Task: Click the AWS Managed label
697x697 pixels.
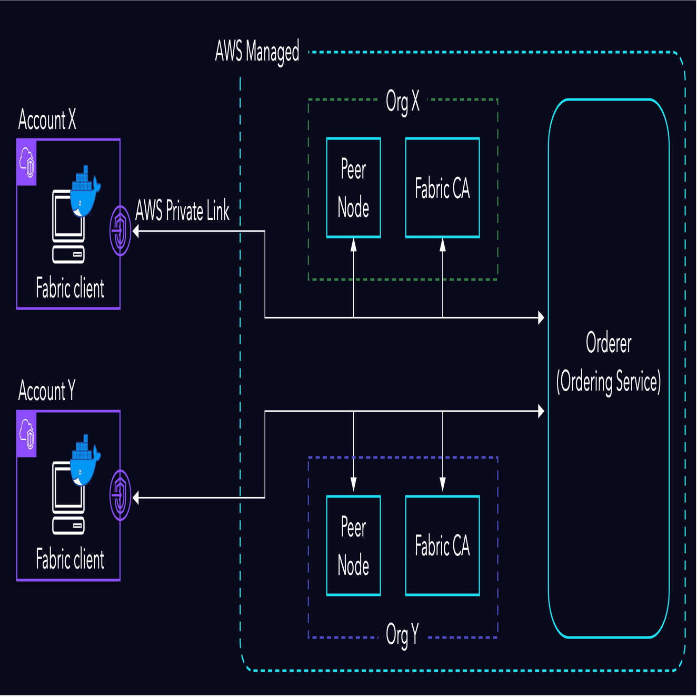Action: click(257, 52)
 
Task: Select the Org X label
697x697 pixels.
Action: click(402, 101)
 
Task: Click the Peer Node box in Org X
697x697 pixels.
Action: click(353, 188)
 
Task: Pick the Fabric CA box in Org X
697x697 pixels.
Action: click(442, 188)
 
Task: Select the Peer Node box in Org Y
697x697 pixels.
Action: click(353, 545)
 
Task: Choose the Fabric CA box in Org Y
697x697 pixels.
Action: click(442, 545)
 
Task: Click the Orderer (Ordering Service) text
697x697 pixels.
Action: click(609, 363)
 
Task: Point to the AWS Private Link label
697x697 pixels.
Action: click(182, 211)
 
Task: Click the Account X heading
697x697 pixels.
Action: click(47, 120)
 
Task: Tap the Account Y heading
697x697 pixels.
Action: click(47, 391)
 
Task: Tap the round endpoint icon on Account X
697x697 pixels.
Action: click(120, 231)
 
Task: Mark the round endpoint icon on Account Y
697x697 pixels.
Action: click(120, 495)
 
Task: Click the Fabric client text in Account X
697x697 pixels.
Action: click(70, 288)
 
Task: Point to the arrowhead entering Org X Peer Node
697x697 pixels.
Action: click(353, 244)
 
